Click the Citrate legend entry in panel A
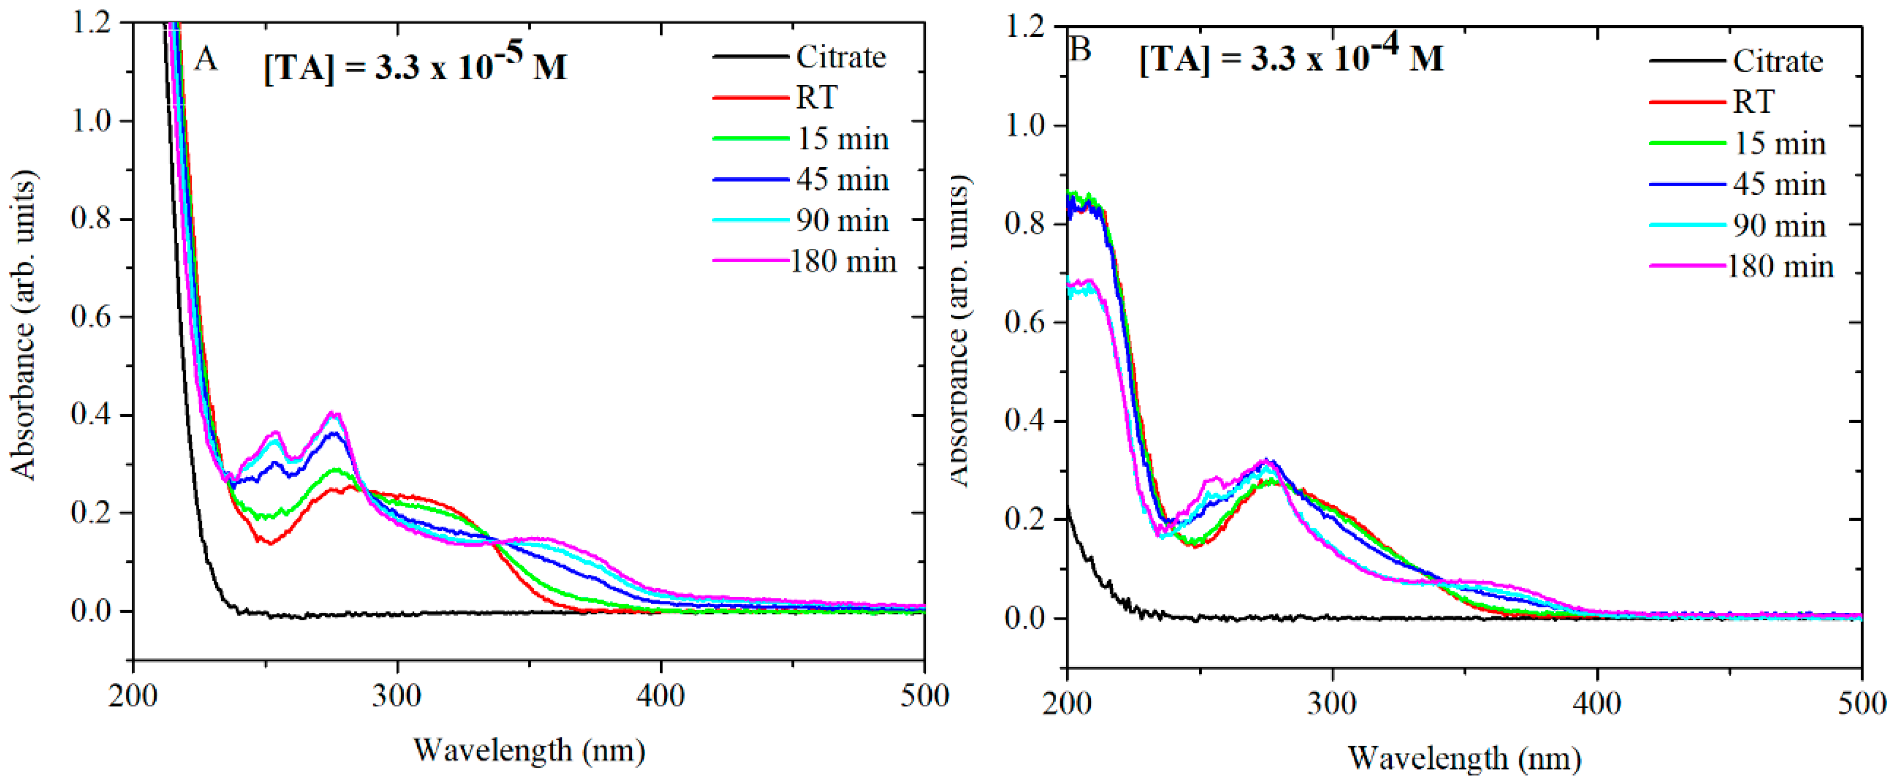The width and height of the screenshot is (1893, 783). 841,57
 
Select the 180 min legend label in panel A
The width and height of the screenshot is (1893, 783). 843,262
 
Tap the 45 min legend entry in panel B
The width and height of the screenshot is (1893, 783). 1779,184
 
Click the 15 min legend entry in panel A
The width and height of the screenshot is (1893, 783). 842,139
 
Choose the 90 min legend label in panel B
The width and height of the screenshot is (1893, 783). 1779,225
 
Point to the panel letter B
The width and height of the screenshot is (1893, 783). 1080,50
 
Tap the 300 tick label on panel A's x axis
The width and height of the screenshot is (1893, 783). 397,695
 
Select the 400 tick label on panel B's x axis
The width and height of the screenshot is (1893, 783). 1597,703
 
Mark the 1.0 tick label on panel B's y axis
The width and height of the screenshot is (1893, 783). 1026,125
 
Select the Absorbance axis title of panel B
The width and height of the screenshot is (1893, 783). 959,331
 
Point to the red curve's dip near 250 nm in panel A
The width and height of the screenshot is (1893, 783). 270,543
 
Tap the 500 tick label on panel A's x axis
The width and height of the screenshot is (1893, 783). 924,695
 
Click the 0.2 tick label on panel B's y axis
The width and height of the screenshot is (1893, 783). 1026,519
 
